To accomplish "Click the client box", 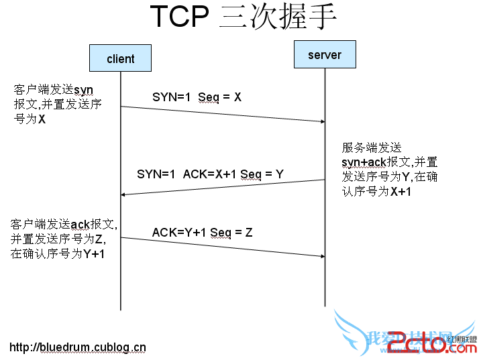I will coord(121,58).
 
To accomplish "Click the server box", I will coord(325,54).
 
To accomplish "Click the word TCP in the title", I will coord(179,17).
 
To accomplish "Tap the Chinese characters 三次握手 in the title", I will coord(278,17).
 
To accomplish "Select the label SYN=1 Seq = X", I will coord(197,97).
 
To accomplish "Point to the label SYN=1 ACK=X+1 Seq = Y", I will coord(210,174).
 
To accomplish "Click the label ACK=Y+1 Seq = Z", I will coord(202,233).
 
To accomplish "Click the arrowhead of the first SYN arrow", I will coord(321,121).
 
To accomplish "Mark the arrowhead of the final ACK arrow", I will coord(321,256).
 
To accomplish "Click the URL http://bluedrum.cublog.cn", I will coord(78,347).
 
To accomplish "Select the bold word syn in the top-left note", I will coord(83,90).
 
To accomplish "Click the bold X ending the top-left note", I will coord(42,119).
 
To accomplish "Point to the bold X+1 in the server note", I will coord(401,192).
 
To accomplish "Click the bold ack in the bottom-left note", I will coord(80,224).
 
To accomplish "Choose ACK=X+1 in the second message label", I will coord(209,174).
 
